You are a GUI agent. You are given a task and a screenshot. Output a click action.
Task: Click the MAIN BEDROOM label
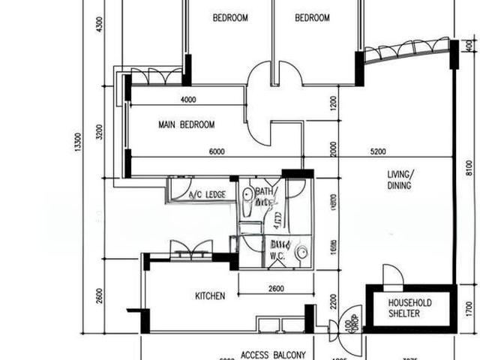click(x=187, y=124)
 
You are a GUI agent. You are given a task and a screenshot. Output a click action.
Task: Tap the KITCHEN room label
click(x=210, y=296)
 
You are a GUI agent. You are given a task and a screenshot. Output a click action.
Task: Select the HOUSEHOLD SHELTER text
click(x=410, y=308)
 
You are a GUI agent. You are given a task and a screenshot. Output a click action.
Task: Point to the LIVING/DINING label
click(x=399, y=180)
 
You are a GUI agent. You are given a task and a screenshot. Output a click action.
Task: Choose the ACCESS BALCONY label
click(x=273, y=355)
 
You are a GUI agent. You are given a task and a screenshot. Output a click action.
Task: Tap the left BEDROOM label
click(x=230, y=18)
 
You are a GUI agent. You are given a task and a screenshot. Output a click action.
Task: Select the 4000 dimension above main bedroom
click(x=187, y=100)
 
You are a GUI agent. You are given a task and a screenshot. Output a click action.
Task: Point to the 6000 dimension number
click(x=217, y=152)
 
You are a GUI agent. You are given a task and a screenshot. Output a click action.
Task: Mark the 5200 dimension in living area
click(x=379, y=152)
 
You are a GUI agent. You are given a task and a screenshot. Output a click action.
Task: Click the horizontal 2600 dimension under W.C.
click(x=275, y=289)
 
